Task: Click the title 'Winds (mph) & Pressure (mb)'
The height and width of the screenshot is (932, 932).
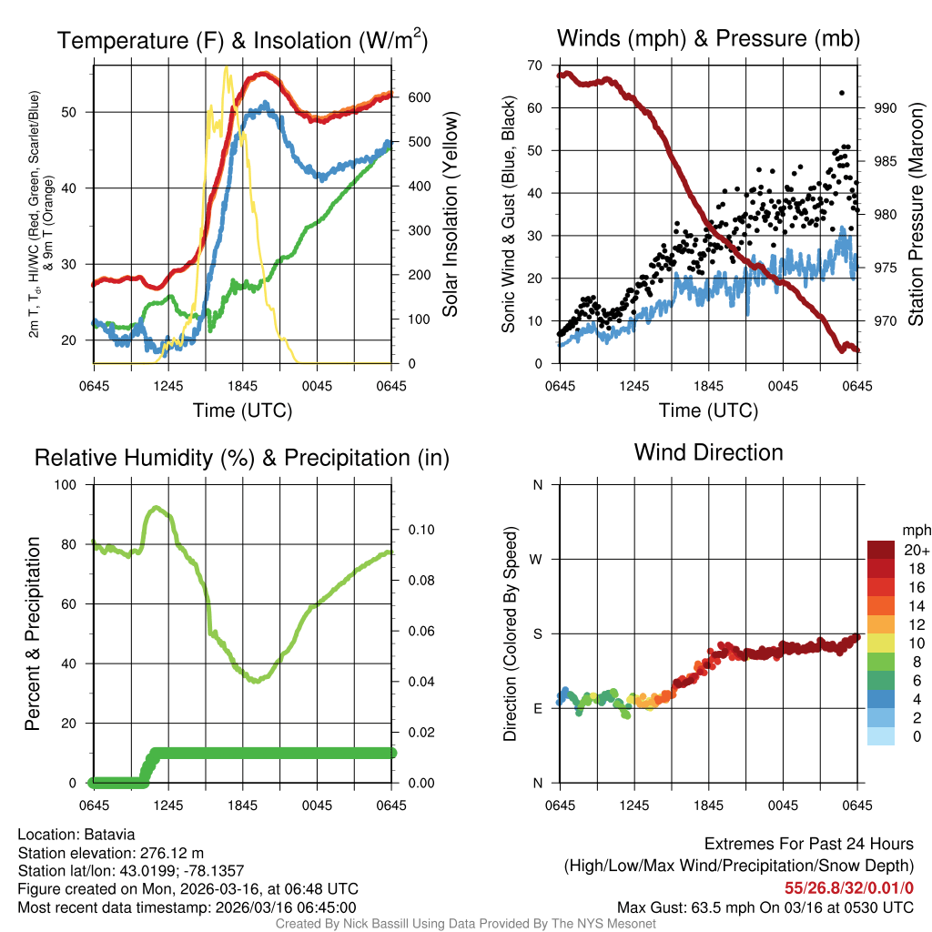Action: pos(708,39)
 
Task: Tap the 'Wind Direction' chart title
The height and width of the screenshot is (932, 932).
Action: pos(708,452)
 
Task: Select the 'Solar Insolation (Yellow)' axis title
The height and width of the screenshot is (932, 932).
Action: pos(451,215)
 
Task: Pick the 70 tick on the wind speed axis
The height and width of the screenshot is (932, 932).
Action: pos(535,65)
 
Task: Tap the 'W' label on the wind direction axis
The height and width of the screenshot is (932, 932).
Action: pos(537,559)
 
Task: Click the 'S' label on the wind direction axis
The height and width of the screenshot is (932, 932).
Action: pos(537,633)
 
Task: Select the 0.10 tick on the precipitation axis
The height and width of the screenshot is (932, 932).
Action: pos(413,530)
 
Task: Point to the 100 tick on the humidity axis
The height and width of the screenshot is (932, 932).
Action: pos(67,484)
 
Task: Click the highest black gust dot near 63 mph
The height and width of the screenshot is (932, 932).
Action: pos(842,92)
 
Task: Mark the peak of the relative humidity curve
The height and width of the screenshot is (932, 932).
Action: pos(157,508)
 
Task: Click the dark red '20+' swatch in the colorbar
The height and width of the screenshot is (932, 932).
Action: pos(880,549)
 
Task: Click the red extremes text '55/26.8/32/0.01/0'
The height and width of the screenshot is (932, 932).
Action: pos(849,886)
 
